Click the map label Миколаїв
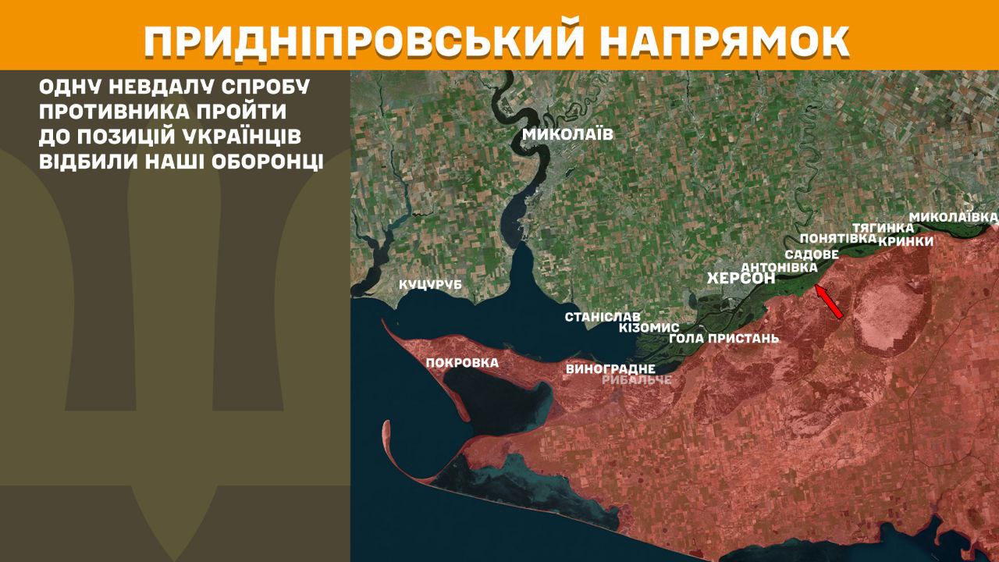click(567, 134)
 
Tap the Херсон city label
click(741, 279)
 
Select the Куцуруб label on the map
click(430, 285)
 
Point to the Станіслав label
click(603, 317)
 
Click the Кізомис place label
click(649, 328)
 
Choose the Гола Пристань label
click(724, 339)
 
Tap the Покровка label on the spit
click(462, 363)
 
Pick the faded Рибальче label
click(637, 380)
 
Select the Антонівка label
click(779, 267)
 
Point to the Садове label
click(812, 254)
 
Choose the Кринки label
click(905, 241)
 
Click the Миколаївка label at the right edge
click(953, 215)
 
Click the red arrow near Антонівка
click(829, 302)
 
